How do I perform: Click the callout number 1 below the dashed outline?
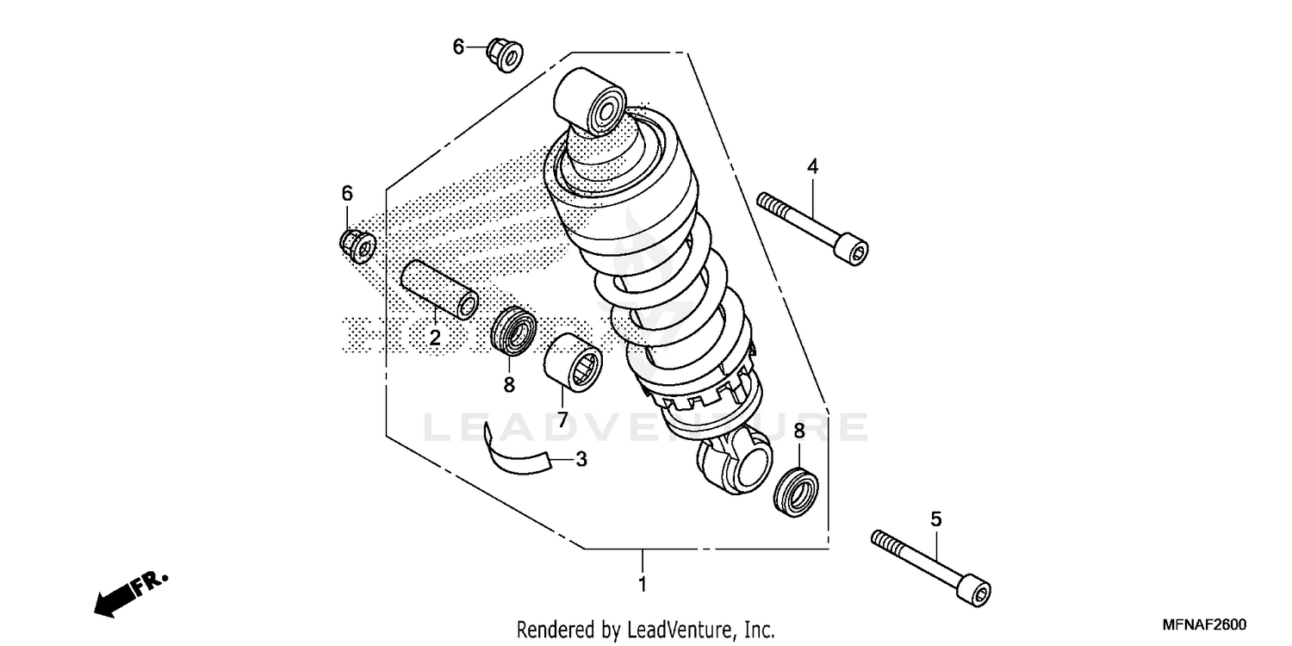(x=642, y=585)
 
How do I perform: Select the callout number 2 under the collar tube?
(x=435, y=338)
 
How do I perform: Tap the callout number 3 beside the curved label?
(x=581, y=459)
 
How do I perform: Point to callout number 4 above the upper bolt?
(x=812, y=167)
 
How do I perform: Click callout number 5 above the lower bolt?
(x=936, y=519)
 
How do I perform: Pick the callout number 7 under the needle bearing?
(x=561, y=420)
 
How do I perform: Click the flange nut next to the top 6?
(x=505, y=56)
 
